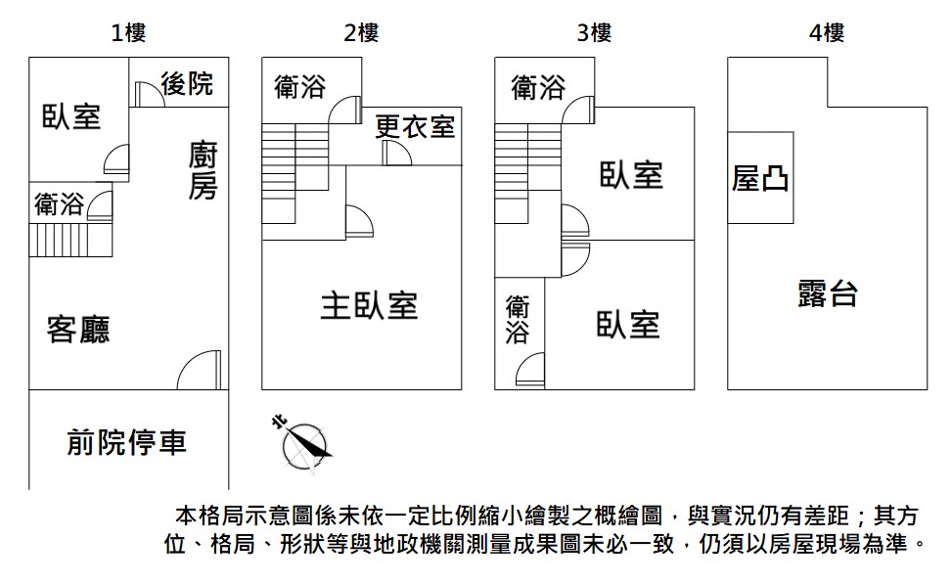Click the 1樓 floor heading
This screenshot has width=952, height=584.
(128, 32)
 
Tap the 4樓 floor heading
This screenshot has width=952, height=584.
(827, 32)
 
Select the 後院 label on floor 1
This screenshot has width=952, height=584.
(187, 83)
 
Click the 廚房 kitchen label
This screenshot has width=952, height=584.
(203, 170)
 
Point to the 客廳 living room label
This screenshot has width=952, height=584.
(78, 330)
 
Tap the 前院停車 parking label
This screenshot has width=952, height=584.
(127, 442)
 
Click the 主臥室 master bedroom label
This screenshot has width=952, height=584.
(369, 305)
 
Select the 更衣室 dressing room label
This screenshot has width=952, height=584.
(415, 126)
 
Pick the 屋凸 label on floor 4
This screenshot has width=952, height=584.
(759, 178)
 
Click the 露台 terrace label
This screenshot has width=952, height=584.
(828, 293)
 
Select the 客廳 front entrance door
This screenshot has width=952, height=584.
(200, 370)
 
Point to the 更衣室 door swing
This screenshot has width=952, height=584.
(397, 153)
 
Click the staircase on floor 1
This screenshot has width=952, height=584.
(70, 240)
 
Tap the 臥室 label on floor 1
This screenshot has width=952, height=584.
(71, 116)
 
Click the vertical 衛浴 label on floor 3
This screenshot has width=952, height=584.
(518, 319)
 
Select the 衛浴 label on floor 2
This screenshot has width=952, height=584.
(300, 87)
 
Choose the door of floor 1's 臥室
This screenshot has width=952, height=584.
(116, 162)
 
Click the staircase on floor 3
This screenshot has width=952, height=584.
(527, 173)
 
